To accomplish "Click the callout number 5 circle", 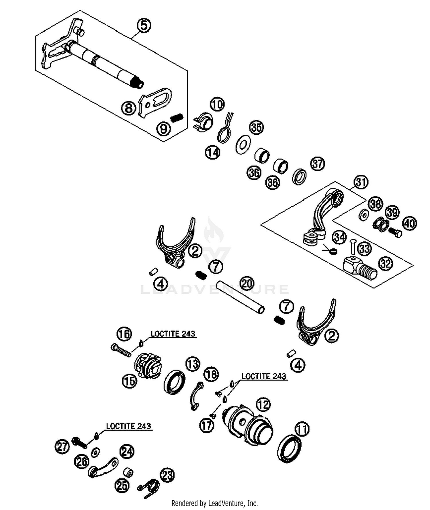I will coord(144,25).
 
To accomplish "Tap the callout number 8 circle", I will coord(128,108).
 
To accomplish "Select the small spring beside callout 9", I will coord(177,117).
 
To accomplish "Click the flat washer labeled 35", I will coord(243,144).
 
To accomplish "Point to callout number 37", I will coord(317,164).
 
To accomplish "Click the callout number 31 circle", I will coord(361,182).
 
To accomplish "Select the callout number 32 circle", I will coord(386,263).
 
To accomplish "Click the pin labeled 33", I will coord(353,246).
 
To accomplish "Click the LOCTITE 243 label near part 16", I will coord(173,334).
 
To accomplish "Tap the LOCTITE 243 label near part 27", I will coord(128,426).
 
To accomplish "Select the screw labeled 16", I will coord(121,350).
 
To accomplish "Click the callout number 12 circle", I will coord(263,405).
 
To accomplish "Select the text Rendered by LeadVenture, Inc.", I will coord(214,503).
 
